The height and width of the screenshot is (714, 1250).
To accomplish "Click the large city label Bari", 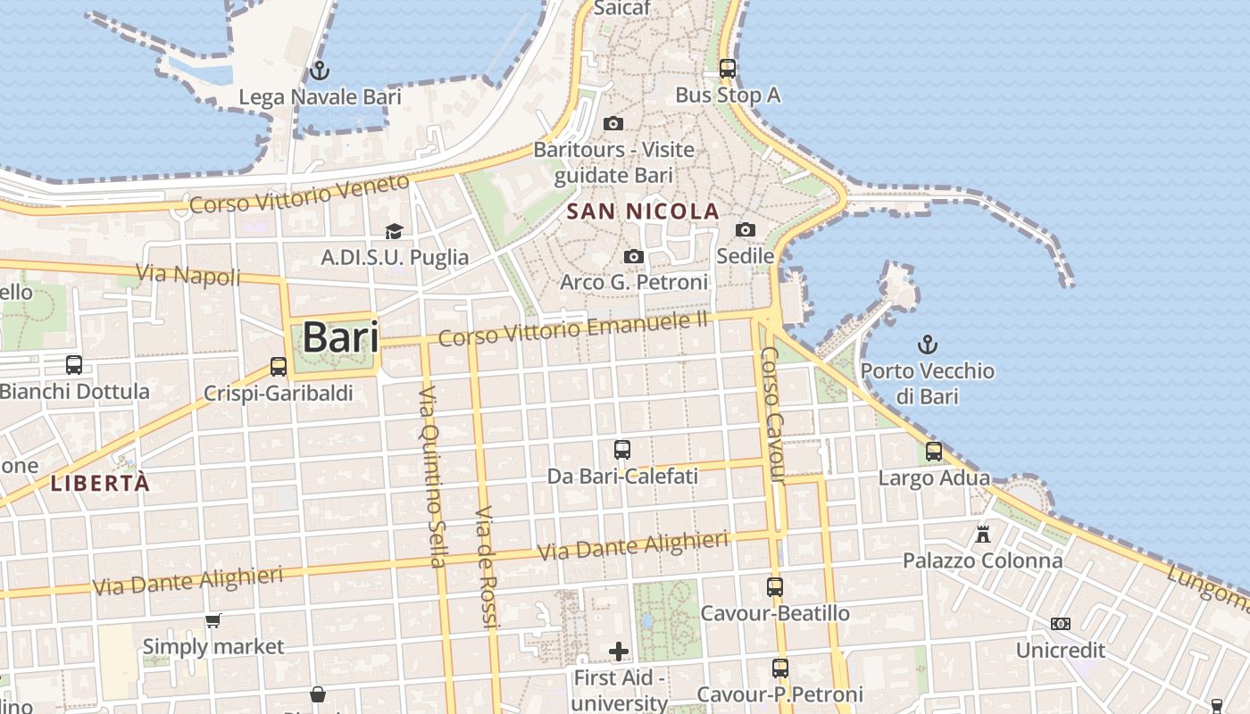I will coord(340,338).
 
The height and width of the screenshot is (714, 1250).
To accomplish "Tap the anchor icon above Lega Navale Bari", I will coord(319,70).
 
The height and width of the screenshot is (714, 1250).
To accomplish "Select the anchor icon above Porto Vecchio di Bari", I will coord(928,344).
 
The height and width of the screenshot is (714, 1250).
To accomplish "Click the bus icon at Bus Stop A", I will coord(728,68).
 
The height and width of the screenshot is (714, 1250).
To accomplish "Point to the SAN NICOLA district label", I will coord(643,212).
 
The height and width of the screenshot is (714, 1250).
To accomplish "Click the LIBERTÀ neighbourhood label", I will coord(100,484).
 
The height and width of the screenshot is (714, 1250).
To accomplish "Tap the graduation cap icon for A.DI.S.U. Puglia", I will coord(394,232).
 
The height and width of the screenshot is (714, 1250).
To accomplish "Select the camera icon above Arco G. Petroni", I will coord(633,257).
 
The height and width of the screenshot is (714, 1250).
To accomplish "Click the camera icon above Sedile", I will coord(746,230).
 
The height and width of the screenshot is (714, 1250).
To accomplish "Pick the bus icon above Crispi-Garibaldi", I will coord(279,367).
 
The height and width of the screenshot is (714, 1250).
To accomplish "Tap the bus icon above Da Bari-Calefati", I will coord(622,450).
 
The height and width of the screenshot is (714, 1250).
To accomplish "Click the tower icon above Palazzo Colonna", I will coord(983,534).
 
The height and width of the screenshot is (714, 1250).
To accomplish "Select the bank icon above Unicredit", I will coord(1061,624).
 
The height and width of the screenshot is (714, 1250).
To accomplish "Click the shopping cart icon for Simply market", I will coord(213,620).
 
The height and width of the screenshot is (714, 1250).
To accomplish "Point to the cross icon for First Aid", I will coord(619,652).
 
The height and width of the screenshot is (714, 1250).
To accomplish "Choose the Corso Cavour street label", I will coord(771,415).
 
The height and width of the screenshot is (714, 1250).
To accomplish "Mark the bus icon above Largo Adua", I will coord(934,452).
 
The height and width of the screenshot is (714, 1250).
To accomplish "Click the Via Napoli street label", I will coord(188,275).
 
